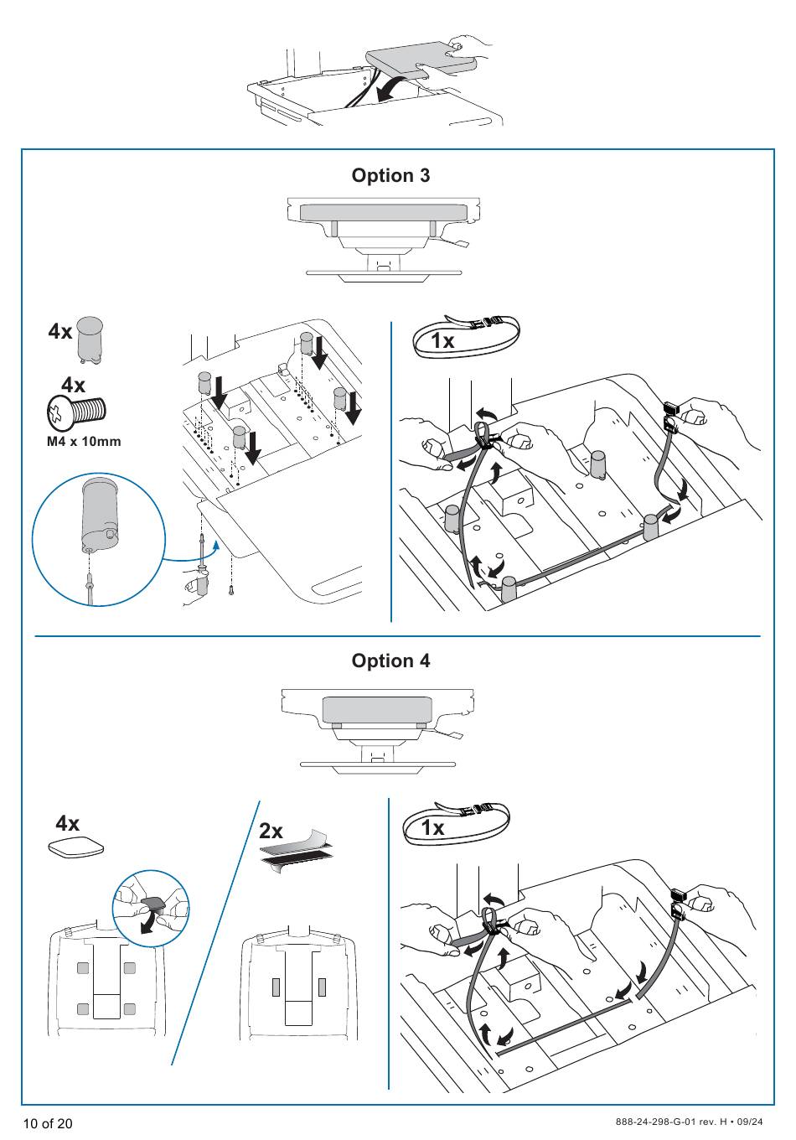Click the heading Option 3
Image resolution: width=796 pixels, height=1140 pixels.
(x=390, y=175)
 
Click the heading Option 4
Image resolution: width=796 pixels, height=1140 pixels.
(x=390, y=661)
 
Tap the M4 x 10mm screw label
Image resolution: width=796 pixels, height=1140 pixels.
(x=84, y=442)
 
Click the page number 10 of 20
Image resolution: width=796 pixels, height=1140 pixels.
(x=48, y=1123)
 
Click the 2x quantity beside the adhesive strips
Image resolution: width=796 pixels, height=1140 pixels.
(x=271, y=831)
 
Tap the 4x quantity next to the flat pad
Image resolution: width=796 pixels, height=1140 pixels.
(x=68, y=823)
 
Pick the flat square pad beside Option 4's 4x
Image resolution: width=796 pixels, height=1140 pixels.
(x=76, y=847)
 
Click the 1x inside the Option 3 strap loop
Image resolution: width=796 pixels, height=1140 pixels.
(x=442, y=341)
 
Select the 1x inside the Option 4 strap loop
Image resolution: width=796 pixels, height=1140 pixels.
(x=432, y=828)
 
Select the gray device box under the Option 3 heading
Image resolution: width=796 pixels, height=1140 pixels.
(x=383, y=213)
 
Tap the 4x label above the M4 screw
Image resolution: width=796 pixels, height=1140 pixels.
(x=73, y=386)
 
